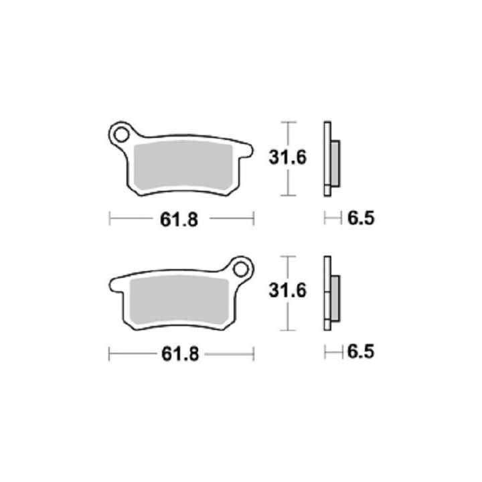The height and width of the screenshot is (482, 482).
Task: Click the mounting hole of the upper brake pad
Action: [x=122, y=134]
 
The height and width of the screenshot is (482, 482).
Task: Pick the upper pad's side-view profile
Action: [x=327, y=158]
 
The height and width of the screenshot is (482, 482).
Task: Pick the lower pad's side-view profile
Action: [x=327, y=293]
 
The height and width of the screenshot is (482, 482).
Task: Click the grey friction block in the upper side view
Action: [x=335, y=163]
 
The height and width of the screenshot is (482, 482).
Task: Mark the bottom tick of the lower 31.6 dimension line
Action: [x=287, y=330]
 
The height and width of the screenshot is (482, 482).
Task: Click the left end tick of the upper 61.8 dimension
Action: [x=110, y=218]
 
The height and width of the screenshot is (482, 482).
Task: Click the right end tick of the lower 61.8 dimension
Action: [x=253, y=353]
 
